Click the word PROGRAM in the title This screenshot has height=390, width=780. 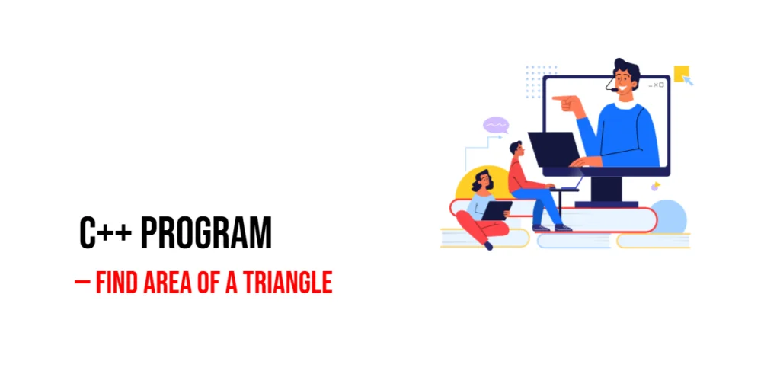click(x=206, y=234)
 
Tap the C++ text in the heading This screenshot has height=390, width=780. click(x=107, y=234)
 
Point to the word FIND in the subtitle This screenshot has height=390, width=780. click(x=118, y=283)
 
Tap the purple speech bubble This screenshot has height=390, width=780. click(x=496, y=125)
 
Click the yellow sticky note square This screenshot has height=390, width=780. click(x=681, y=73)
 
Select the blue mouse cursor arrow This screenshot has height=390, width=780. click(x=688, y=81)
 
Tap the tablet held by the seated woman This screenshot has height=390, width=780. click(x=497, y=210)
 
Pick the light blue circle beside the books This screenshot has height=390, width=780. click(x=669, y=216)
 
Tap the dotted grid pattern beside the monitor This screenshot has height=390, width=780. click(x=540, y=82)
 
